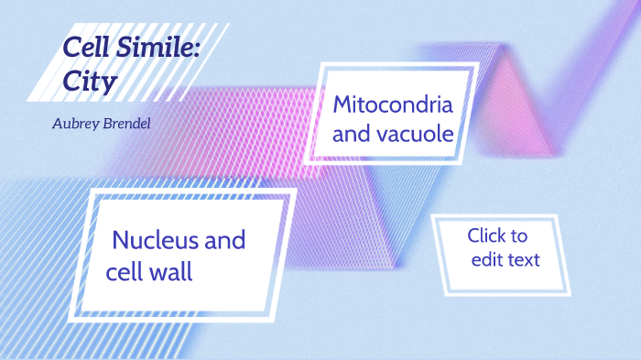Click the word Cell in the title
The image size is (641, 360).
tap(86, 49)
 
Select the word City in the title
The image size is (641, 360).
tap(90, 82)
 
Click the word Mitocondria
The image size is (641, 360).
tap(392, 104)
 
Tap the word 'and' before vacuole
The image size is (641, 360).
tap(349, 134)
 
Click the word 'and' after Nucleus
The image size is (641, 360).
tap(225, 241)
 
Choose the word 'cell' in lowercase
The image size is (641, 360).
tap(124, 272)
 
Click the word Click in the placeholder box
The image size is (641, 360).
tap(485, 236)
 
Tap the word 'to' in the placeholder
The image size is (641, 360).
tap(518, 236)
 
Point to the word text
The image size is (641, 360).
tap(524, 260)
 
